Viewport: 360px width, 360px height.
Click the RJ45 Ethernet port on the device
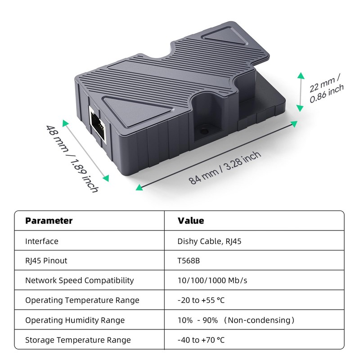point(98,125)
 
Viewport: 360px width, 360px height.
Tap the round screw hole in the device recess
point(204,131)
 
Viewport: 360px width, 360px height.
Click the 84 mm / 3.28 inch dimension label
point(225,168)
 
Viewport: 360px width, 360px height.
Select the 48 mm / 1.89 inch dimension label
point(72,158)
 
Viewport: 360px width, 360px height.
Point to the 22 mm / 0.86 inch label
point(326,88)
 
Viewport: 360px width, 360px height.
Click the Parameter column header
point(49,220)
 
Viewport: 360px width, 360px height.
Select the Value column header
point(191,220)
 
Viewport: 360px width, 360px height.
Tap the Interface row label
point(42,241)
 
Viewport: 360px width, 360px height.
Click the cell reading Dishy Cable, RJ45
point(209,242)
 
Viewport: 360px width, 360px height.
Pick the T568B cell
point(189,261)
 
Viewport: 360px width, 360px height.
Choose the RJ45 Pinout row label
point(46,261)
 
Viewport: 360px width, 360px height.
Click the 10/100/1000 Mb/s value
point(212,280)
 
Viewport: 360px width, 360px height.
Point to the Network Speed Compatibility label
point(80,280)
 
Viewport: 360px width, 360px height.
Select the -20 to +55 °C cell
point(201,300)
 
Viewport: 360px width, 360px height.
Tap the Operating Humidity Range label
point(75,320)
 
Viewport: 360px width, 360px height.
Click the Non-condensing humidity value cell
point(236,320)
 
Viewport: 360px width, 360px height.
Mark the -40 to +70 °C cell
point(201,340)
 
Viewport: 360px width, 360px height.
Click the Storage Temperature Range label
point(78,340)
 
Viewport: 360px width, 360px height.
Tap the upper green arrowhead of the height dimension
point(301,76)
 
